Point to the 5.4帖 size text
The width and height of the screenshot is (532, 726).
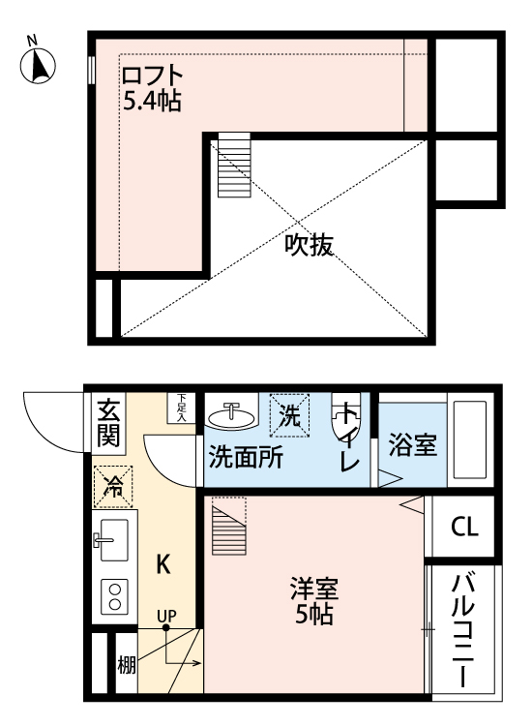coord(153,100)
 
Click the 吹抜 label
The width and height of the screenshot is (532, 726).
coord(309,246)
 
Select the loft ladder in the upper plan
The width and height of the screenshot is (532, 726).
coord(233,165)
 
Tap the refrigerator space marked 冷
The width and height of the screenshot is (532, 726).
coord(113,485)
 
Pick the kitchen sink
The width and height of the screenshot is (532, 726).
coord(112,535)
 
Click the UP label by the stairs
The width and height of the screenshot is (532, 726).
coord(167,615)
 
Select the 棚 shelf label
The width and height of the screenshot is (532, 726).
coord(127,665)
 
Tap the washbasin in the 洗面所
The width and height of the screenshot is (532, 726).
coord(231,415)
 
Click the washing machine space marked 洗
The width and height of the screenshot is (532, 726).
coord(290,413)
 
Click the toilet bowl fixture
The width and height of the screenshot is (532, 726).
coord(344,419)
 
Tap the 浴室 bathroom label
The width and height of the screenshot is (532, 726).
coord(412,446)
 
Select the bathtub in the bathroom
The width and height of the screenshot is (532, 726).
coord(473,441)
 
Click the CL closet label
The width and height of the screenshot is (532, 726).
coord(464,528)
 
